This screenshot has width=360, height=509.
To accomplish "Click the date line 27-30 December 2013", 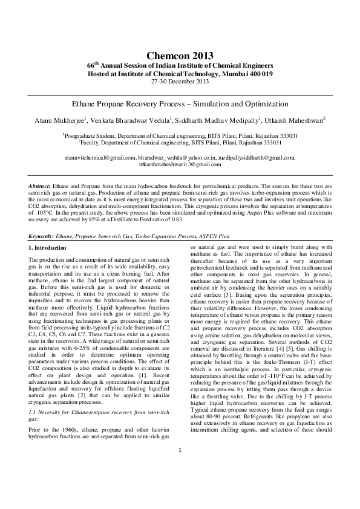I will [180, 81].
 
